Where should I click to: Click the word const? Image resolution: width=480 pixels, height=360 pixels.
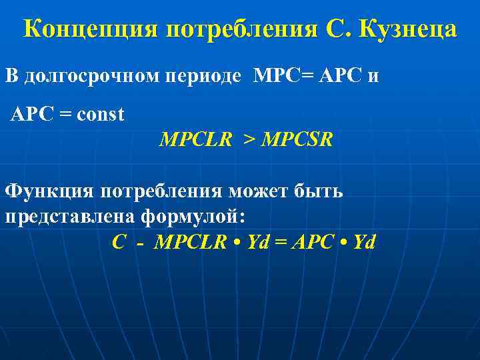pos(101,114)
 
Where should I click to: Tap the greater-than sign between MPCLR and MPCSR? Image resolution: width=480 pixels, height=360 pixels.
pos(248,141)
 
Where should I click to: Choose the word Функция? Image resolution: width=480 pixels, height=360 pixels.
pos(51,192)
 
